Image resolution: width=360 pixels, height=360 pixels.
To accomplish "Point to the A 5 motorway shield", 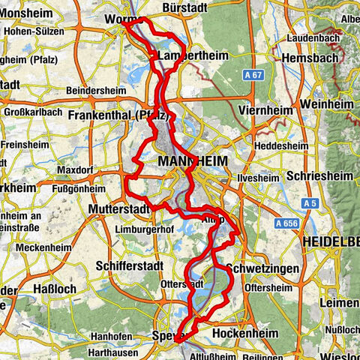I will [308, 203].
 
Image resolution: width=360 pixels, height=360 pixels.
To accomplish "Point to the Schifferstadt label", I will [129, 266].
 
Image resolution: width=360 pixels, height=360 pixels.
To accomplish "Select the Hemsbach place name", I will [308, 57].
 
